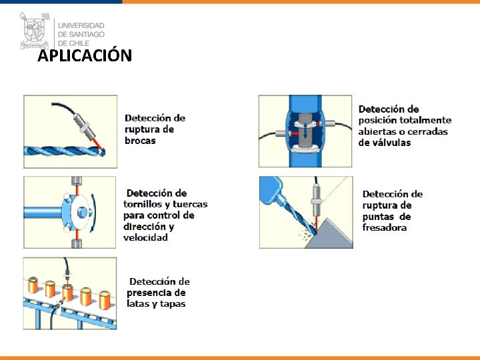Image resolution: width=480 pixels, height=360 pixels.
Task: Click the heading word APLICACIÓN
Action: coord(85,56)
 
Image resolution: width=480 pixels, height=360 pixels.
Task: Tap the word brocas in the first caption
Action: coord(140,141)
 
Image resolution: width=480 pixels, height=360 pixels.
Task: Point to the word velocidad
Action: coord(145,238)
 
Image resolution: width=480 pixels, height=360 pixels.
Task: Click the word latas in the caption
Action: coord(140,304)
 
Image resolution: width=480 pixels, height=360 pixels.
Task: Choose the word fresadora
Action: coord(385,227)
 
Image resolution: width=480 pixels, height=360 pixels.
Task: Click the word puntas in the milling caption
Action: coord(378,217)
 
